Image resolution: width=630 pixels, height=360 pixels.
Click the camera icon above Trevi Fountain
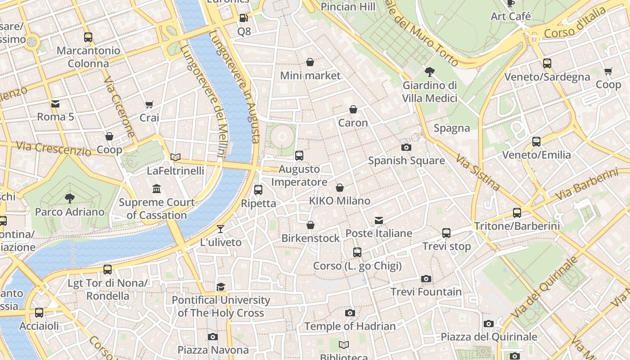[x=426, y=279]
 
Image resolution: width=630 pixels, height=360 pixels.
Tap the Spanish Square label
[x=406, y=161]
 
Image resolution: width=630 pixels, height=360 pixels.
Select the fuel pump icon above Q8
[x=243, y=18]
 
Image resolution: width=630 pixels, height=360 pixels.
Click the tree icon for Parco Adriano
[x=70, y=198]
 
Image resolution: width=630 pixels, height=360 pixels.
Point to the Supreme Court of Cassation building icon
[x=157, y=189]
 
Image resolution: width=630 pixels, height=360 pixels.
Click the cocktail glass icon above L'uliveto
[x=220, y=229]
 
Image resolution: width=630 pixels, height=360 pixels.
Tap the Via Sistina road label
[x=477, y=172]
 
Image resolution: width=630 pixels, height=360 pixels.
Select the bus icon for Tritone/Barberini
[x=517, y=213]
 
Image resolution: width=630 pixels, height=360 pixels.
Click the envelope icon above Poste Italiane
[x=379, y=220]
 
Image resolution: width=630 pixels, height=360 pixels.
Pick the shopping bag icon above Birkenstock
[x=310, y=225]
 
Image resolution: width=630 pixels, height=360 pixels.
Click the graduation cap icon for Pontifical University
[x=220, y=287]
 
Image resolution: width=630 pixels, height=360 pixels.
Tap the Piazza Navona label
[x=213, y=350]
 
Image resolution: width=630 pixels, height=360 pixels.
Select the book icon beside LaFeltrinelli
[x=175, y=157]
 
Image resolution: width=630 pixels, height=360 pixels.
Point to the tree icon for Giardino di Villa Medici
[x=430, y=72]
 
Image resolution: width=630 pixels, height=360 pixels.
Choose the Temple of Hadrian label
[x=350, y=326]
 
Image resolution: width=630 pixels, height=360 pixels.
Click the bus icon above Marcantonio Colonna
[x=88, y=37]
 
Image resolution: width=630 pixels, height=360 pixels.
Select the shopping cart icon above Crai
[x=149, y=104]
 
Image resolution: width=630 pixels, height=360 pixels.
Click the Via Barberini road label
[x=586, y=184]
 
